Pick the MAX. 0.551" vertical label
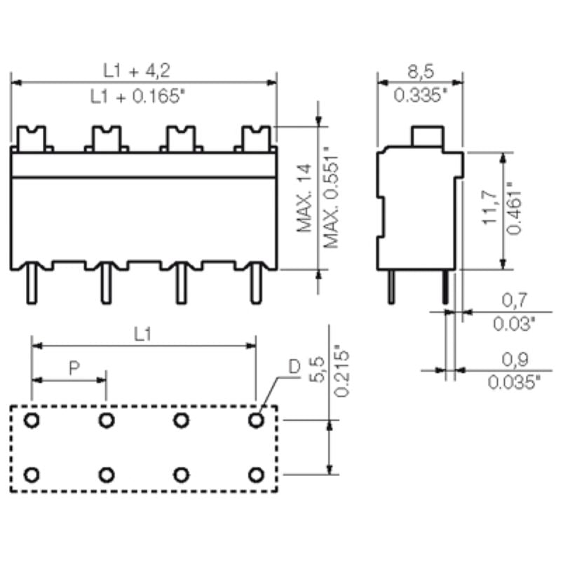coord(330,198)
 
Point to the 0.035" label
coord(514,382)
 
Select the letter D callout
coord(295,367)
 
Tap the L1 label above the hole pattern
coord(142,334)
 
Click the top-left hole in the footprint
coord(32,421)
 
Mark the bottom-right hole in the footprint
coord(256,475)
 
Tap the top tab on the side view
coord(427,136)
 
